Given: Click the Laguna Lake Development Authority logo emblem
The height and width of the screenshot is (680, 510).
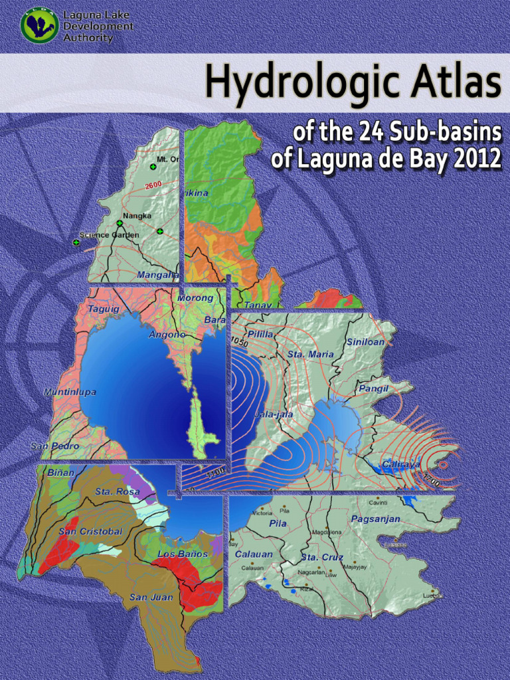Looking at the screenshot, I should click(39, 25).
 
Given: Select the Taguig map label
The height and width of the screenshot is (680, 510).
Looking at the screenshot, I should click(103, 309).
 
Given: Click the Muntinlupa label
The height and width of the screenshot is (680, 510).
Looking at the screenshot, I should click(70, 392).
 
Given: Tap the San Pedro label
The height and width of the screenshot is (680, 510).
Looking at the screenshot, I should click(55, 446).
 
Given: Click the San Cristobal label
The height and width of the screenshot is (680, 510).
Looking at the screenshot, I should click(90, 531).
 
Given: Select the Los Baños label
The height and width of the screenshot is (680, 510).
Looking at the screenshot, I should click(183, 554).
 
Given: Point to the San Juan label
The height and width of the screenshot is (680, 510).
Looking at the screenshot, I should click(151, 597).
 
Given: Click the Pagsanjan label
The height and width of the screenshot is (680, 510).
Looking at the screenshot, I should click(376, 519).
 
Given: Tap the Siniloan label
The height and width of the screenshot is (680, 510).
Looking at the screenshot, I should click(365, 342).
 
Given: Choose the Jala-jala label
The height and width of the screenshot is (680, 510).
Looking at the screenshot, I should click(273, 414).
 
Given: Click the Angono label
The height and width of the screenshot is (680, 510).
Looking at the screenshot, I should click(167, 335).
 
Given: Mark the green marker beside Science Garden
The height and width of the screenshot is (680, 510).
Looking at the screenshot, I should click(76, 242).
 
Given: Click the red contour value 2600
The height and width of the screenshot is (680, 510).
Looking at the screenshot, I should click(153, 184).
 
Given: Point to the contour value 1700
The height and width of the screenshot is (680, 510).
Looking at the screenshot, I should click(431, 480).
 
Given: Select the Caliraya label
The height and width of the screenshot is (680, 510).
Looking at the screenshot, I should click(400, 464).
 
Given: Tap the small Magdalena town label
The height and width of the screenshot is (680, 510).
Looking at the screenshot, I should click(327, 532).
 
